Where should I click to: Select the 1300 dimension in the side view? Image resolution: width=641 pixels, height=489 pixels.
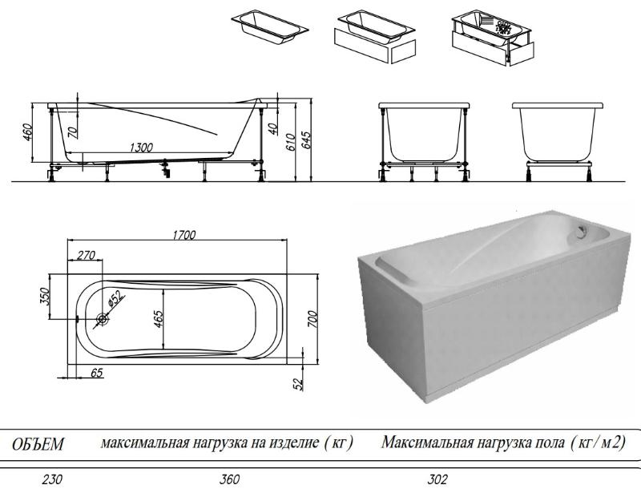(141, 147)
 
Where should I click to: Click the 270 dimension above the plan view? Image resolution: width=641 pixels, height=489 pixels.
(86, 255)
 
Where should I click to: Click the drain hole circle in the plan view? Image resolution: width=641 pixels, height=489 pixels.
(103, 320)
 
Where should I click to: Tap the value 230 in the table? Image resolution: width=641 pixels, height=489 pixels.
(53, 479)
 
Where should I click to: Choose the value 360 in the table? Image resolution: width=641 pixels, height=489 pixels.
(229, 479)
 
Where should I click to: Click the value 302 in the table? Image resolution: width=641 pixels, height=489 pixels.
(438, 479)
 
